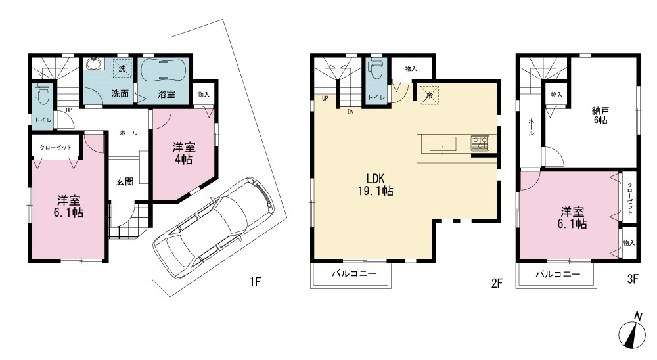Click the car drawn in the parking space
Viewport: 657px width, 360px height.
point(215,227)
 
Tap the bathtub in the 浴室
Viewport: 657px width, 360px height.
point(162,72)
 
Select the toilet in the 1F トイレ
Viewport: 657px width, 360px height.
point(42,95)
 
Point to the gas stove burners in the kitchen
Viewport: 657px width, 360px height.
point(480,143)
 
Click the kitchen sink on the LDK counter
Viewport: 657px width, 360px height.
point(442,144)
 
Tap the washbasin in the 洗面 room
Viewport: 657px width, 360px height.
point(94,64)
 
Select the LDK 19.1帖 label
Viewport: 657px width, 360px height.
point(375,185)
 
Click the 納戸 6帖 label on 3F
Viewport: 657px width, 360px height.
point(600,116)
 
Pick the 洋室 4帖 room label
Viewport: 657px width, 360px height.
point(183,153)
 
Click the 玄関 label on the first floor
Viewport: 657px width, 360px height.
point(124,181)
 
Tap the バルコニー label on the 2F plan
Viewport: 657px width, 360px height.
point(354,274)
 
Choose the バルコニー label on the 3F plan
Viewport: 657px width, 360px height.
point(558,275)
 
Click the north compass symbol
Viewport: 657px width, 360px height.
point(632,333)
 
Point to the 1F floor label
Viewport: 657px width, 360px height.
point(255,282)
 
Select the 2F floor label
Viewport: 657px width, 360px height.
point(497,284)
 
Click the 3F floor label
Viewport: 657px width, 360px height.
point(633,279)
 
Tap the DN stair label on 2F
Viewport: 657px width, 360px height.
point(350,112)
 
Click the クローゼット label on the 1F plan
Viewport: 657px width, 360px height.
point(56,148)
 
